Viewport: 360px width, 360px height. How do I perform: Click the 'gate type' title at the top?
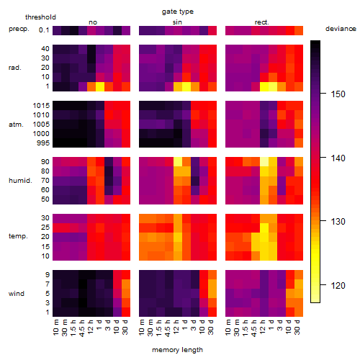(178, 12)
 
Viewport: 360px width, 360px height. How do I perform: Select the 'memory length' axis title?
(177, 350)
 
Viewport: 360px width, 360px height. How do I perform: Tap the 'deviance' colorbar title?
(341, 29)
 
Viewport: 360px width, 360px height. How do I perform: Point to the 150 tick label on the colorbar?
(338, 94)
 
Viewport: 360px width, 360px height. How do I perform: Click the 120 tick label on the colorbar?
(338, 286)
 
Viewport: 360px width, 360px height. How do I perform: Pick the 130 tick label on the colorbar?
(338, 222)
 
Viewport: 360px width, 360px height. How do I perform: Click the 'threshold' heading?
(40, 17)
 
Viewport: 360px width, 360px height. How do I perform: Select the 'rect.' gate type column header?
(262, 22)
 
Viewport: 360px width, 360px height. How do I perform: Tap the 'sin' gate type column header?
(177, 22)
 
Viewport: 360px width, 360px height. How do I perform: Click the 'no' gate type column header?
(93, 22)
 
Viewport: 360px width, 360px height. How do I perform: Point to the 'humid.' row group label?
(20, 181)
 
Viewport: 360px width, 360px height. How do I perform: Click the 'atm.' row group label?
(16, 125)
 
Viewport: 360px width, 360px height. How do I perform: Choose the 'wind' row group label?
(17, 294)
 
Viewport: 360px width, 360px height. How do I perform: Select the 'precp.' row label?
(19, 29)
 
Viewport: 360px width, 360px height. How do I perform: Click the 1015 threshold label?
(41, 106)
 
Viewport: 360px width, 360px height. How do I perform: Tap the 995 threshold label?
(43, 143)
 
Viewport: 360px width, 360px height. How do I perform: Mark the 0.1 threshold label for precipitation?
(44, 30)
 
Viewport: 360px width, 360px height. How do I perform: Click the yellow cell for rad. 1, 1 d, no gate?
(100, 86)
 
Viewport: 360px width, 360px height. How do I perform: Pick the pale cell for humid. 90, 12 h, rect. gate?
(264, 162)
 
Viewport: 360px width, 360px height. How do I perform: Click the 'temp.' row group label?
(18, 236)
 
